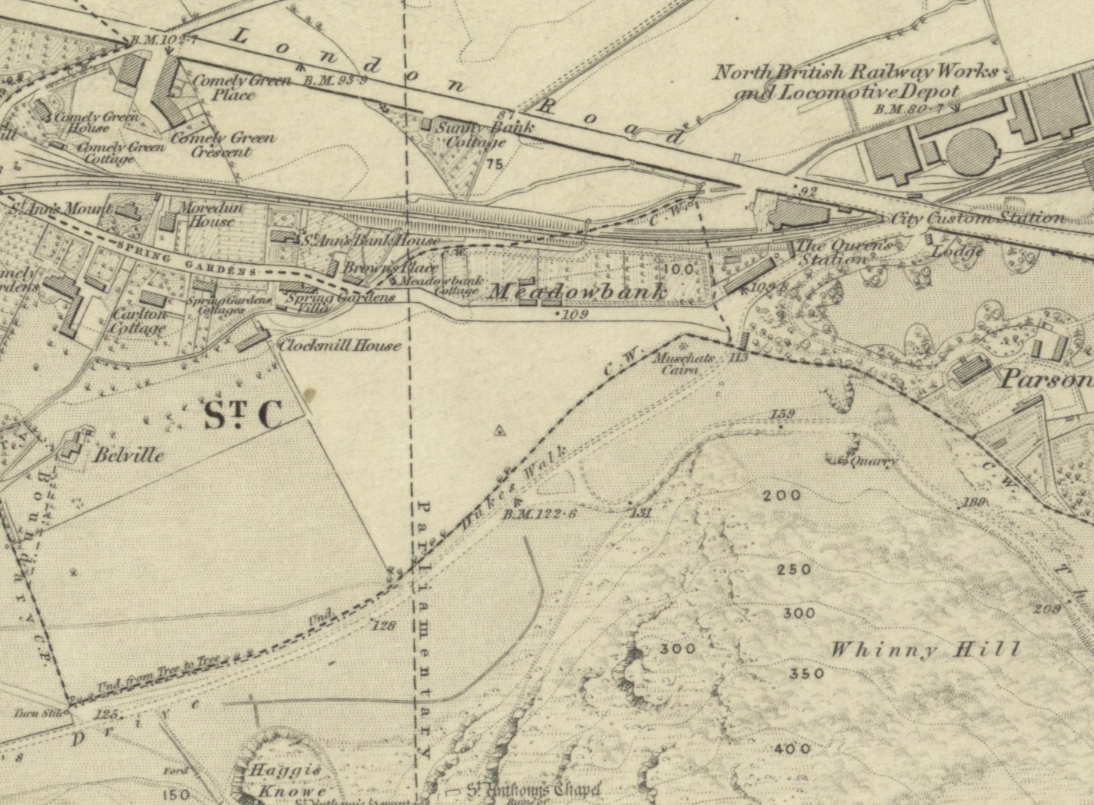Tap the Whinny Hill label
pyautogui.click(x=924, y=650)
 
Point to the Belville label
pyautogui.click(x=129, y=455)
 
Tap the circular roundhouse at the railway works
pyautogui.click(x=966, y=151)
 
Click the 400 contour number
pyautogui.click(x=793, y=749)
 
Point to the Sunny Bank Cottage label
pyautogui.click(x=475, y=134)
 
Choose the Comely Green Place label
pyautogui.click(x=231, y=87)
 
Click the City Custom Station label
pyautogui.click(x=977, y=218)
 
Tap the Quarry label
pyautogui.click(x=870, y=461)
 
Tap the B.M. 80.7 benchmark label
pyautogui.click(x=908, y=109)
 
